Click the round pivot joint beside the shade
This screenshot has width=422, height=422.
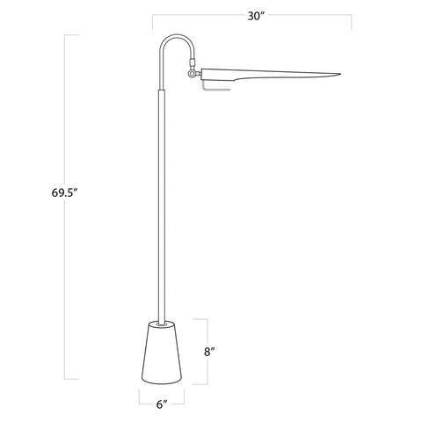(x=192, y=83)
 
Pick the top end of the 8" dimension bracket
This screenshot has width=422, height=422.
(x=207, y=318)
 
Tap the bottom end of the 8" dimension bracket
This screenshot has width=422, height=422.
(x=207, y=383)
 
